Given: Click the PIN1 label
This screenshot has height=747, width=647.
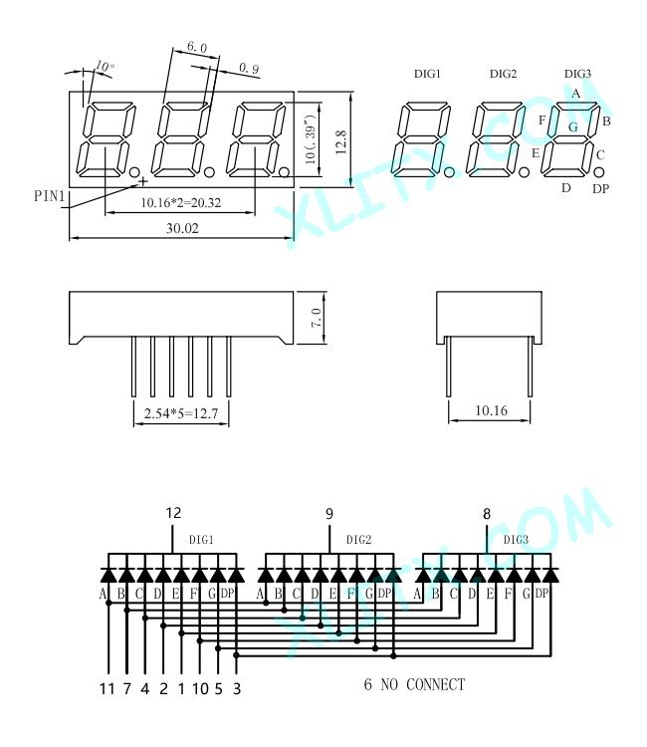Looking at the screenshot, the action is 49,196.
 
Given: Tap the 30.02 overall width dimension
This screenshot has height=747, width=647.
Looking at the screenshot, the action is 182,228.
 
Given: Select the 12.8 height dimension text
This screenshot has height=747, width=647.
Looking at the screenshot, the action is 340,142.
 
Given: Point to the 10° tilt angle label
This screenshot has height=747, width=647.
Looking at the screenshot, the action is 105,66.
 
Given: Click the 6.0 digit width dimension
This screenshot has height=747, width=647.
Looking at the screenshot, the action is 197,47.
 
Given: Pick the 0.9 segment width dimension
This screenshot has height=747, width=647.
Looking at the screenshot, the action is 249,68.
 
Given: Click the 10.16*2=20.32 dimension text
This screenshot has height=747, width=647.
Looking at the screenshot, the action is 181,203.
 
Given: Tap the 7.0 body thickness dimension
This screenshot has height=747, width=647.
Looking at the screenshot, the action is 317,318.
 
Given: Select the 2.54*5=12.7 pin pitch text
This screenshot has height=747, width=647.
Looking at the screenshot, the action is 181,413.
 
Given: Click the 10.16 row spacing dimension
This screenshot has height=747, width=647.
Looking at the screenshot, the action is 491,410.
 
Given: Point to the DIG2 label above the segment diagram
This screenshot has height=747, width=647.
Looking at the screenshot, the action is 503,74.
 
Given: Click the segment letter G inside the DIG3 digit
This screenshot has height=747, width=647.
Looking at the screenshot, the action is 573,126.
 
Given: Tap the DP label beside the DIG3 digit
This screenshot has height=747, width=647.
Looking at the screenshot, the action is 600,189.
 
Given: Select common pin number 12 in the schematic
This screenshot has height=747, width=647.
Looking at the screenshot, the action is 173,513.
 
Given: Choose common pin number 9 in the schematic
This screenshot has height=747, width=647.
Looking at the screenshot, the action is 329,514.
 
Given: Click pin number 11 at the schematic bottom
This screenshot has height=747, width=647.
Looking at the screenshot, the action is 108,689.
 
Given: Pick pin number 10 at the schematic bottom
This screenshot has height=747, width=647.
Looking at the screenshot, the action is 200,689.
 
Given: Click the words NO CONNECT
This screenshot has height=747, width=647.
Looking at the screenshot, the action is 422,684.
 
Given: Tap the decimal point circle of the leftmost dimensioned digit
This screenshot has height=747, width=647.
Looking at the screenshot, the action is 134,171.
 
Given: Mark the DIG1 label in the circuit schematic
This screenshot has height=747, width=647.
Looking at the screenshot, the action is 201,540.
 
